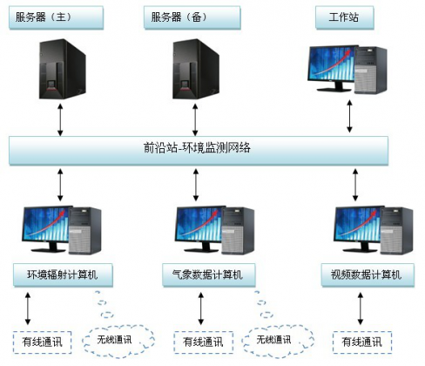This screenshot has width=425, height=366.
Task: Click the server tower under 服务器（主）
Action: click(59, 71)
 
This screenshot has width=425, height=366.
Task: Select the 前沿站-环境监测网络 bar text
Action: click(208, 148)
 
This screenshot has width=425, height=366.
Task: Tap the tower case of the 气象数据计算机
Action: click(233, 231)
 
